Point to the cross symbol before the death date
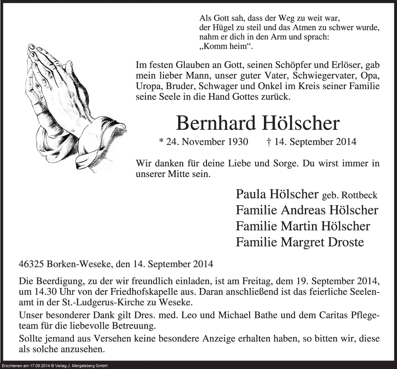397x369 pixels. pyautogui.click(x=268, y=142)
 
